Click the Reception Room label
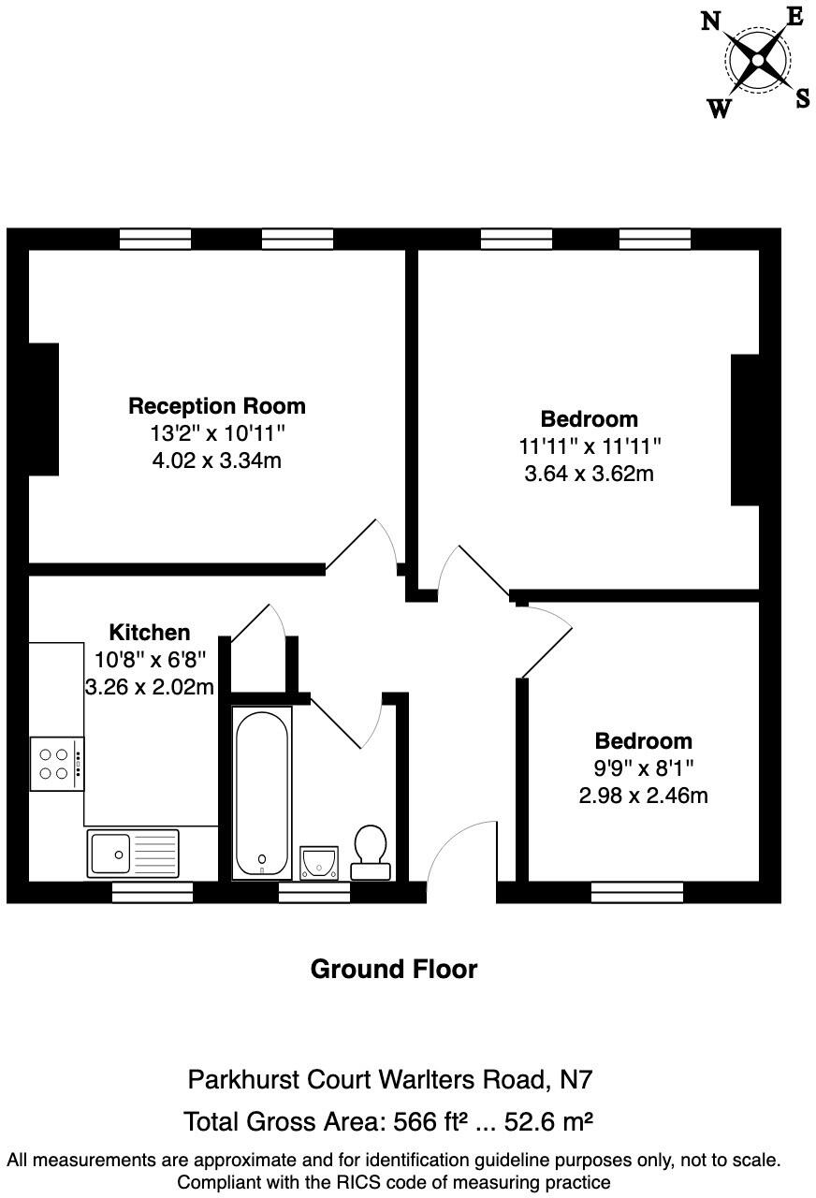216,406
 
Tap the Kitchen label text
150,632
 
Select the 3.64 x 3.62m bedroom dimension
589,474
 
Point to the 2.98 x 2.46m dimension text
643,796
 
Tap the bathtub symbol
262,792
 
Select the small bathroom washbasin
319,862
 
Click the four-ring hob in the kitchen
56,764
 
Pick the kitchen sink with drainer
132,853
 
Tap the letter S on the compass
802,98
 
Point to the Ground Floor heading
393,970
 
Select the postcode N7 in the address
575,1080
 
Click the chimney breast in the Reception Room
44,409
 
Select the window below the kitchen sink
152,893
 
